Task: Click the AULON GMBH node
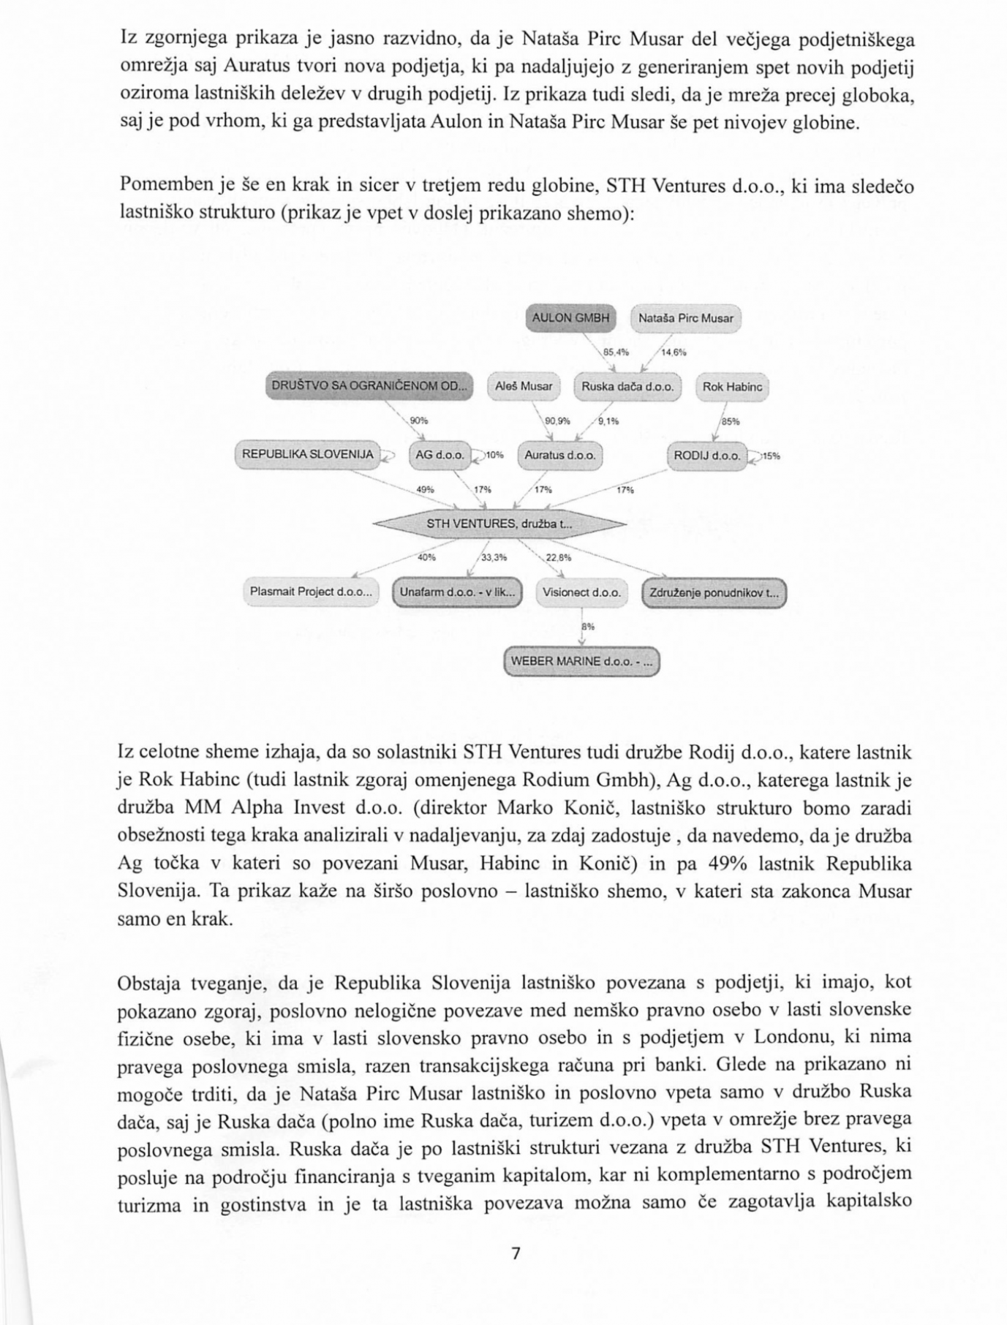(x=571, y=318)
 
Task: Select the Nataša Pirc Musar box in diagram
(x=685, y=318)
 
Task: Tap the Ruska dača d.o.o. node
(x=627, y=387)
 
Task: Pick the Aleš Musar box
(x=524, y=387)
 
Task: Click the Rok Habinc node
(x=732, y=387)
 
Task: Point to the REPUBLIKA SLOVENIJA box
(x=308, y=454)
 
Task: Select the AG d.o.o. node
(x=440, y=455)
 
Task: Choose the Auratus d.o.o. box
(x=560, y=455)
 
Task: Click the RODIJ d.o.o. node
(x=707, y=455)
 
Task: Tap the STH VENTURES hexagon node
(x=499, y=524)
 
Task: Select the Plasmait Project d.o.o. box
(x=311, y=592)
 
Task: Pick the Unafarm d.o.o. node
(x=458, y=592)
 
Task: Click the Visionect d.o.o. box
(x=581, y=592)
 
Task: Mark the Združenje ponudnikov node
(x=714, y=592)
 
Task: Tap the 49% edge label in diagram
(x=425, y=489)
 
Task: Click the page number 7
(x=515, y=1253)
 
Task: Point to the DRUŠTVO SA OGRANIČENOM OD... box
(x=369, y=385)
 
